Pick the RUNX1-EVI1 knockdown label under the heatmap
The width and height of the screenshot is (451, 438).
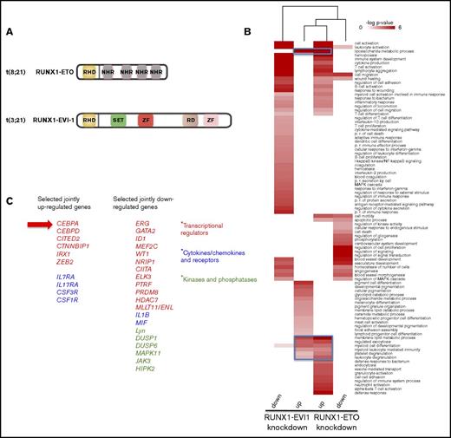[283, 427]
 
